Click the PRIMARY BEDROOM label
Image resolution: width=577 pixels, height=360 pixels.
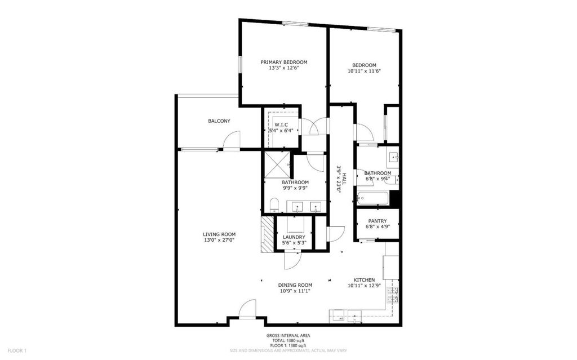click(284, 62)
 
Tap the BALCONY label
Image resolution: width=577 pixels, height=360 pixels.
click(219, 121)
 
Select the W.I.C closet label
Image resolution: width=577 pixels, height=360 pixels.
click(281, 125)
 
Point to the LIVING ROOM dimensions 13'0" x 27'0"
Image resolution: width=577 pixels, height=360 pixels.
click(219, 240)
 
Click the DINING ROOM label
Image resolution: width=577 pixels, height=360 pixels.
click(295, 285)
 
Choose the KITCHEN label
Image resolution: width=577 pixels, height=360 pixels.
click(365, 280)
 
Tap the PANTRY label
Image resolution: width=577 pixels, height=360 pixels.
click(378, 221)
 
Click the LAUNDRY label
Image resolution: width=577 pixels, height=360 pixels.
click(294, 237)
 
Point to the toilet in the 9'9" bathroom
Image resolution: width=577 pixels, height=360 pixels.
click(274, 206)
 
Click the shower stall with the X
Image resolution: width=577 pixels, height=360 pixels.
click(277, 165)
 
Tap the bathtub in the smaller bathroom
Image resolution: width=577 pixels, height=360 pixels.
click(372, 199)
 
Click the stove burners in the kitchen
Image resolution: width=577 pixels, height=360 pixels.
click(393, 295)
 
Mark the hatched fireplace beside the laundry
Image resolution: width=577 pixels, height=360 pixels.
click(268, 234)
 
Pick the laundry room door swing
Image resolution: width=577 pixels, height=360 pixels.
click(293, 260)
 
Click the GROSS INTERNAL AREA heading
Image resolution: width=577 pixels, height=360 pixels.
click(288, 335)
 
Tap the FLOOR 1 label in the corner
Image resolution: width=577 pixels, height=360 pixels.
click(17, 350)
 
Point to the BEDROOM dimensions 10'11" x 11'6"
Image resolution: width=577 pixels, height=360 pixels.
click(364, 71)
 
